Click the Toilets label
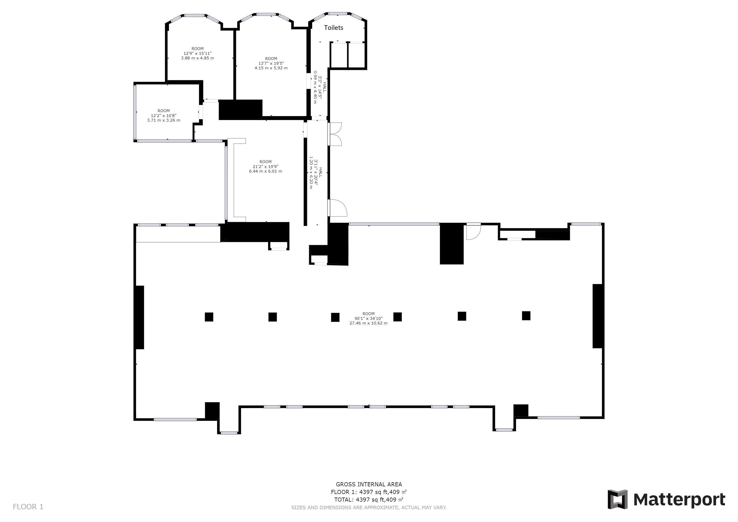[x=333, y=28]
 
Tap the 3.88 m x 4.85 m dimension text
[x=197, y=58]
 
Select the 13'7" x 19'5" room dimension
[x=271, y=63]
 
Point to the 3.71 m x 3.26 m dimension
[x=164, y=120]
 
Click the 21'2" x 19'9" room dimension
[x=266, y=166]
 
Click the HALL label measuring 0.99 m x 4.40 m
[x=325, y=87]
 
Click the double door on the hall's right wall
[x=335, y=134]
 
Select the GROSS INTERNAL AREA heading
[x=369, y=484]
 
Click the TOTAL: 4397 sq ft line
[x=369, y=500]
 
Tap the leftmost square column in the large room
[x=209, y=317]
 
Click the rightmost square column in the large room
[x=526, y=316]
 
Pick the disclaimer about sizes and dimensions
[x=369, y=507]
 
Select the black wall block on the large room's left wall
[x=139, y=317]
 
